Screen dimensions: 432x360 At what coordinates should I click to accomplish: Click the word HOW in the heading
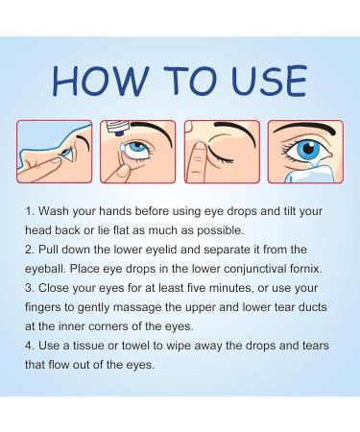[92, 80]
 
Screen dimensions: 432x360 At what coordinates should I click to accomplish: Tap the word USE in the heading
[259, 80]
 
